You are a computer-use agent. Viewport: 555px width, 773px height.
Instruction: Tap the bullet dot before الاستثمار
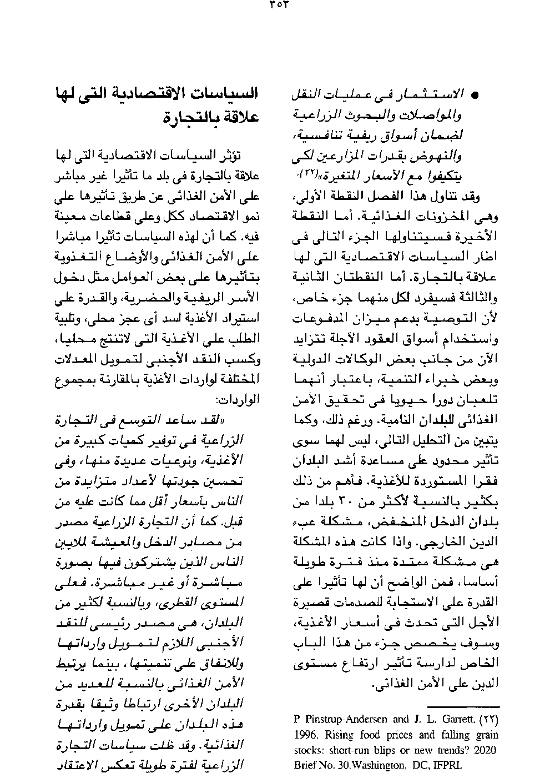click(475, 96)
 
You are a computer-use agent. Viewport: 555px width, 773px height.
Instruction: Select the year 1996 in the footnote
click(304, 735)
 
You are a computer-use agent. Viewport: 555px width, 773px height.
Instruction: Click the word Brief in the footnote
click(305, 765)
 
